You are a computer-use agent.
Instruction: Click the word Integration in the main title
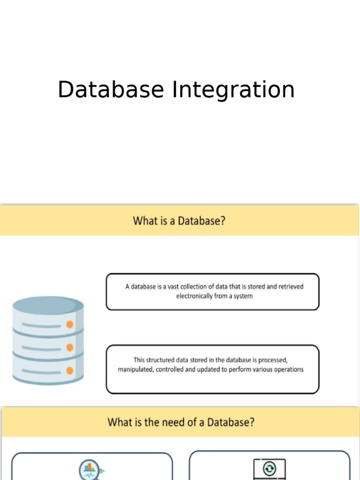[x=233, y=90]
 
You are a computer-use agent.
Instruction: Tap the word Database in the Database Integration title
[x=111, y=90]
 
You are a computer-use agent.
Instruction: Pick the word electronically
[x=194, y=296]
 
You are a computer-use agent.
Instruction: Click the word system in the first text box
[x=243, y=296]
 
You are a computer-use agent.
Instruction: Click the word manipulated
[x=135, y=369]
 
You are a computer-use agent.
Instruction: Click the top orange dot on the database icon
[x=70, y=324]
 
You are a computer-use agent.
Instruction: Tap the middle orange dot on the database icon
[x=70, y=347]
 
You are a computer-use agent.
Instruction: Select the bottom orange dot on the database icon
[x=70, y=370]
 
